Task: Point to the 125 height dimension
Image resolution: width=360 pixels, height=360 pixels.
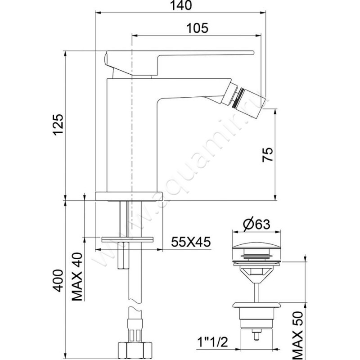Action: [58, 126]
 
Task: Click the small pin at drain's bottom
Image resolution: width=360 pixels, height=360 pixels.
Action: [257, 336]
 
